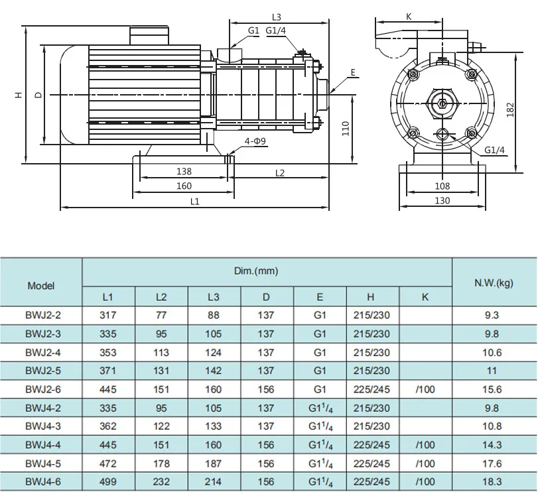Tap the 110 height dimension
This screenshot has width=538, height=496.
(345, 128)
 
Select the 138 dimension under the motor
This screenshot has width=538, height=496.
(184, 172)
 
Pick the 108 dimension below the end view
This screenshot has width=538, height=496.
(442, 186)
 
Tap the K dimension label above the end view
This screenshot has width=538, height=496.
(409, 17)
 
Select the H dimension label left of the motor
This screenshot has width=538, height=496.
(19, 95)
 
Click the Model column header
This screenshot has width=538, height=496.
(41, 286)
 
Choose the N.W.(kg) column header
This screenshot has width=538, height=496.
(493, 283)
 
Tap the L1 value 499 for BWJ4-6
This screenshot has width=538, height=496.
(108, 482)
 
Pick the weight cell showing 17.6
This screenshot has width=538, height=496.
(493, 464)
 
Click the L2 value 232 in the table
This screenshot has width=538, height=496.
(161, 482)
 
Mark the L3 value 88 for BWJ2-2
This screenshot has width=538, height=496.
(214, 315)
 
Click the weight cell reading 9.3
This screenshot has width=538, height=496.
(493, 315)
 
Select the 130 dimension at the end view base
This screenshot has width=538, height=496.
(442, 201)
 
